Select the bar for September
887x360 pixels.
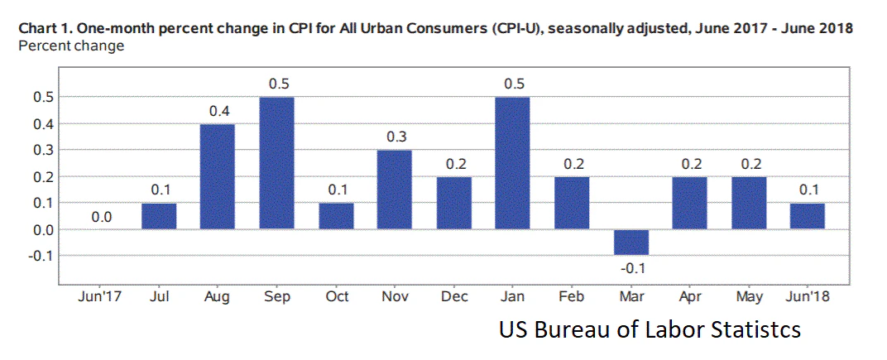click(276, 163)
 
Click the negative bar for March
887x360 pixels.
click(630, 242)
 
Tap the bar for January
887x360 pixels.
click(513, 163)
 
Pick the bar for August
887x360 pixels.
click(218, 176)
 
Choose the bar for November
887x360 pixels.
click(395, 190)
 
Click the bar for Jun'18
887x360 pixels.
click(808, 216)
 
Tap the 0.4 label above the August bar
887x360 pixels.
click(218, 111)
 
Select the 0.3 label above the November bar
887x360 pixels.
click(395, 137)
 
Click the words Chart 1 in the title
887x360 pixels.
click(43, 28)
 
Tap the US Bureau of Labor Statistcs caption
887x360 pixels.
click(650, 330)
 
